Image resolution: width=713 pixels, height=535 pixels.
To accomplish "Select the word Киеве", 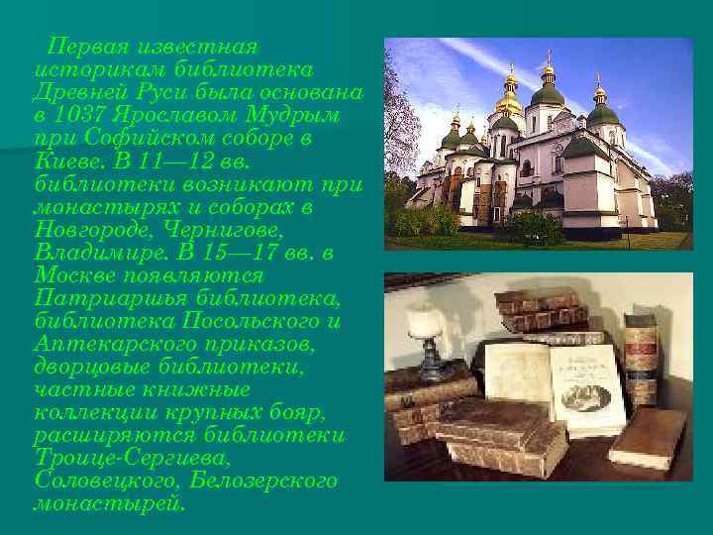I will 63,160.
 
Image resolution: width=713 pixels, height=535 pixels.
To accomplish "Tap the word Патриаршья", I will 102,297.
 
